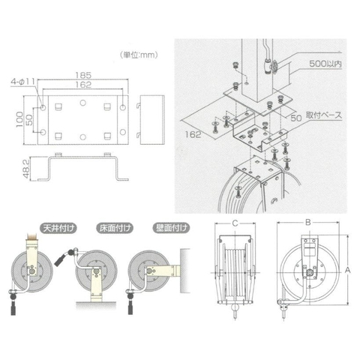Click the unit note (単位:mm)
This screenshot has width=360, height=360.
(x=139, y=54)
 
